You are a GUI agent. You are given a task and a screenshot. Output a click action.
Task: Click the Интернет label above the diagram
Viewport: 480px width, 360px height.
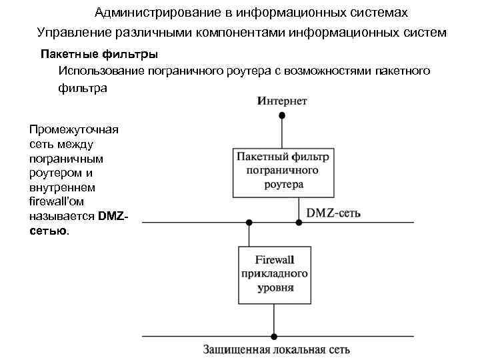[282, 101]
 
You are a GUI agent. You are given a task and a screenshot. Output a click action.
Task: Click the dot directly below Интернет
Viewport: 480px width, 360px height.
[282, 115]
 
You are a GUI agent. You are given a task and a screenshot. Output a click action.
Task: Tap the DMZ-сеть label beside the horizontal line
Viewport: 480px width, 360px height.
[333, 213]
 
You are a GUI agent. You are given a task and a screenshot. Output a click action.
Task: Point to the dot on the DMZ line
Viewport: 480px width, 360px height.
[249, 222]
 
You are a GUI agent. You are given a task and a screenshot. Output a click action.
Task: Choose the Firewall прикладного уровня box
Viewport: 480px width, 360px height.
[274, 275]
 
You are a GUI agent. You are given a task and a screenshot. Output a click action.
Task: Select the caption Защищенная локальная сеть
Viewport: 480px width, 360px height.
[274, 349]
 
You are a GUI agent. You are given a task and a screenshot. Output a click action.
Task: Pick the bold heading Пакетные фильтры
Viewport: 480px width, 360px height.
[99, 53]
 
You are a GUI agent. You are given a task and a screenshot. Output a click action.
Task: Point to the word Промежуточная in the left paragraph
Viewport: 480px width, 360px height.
[74, 129]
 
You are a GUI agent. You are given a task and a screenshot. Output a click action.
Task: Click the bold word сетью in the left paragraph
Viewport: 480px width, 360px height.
[48, 231]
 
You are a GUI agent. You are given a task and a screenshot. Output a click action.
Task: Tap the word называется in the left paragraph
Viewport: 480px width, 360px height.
[62, 216]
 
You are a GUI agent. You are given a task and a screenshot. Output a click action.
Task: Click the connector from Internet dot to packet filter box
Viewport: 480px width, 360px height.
[282, 132]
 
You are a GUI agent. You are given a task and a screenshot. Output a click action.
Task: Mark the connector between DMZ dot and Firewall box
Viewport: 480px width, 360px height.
[249, 235]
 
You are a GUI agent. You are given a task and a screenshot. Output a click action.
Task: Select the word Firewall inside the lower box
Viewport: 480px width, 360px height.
[274, 260]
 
